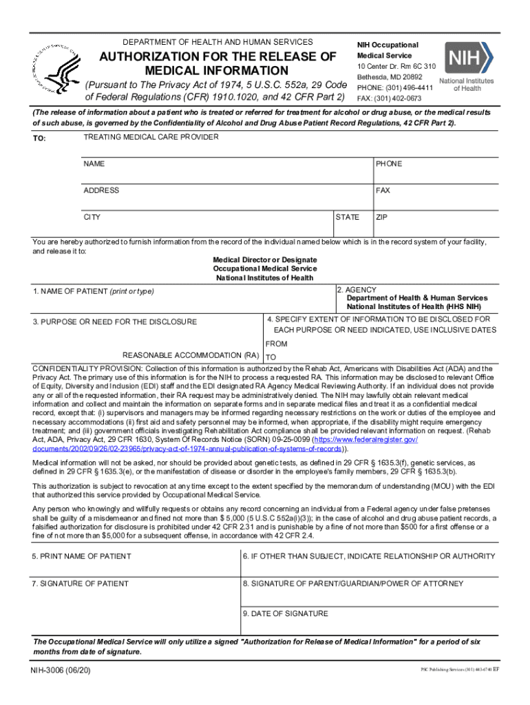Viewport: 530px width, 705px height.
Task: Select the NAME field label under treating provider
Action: pos(94,165)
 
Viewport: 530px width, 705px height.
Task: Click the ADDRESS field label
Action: pos(101,191)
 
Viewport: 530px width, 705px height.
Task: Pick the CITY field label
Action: pos(92,218)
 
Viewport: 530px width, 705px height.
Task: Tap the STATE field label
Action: pos(348,218)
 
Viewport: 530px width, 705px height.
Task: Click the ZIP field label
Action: pos(381,218)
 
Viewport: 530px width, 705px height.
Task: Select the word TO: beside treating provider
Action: pos(39,139)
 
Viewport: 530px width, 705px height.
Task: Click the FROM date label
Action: pos(276,344)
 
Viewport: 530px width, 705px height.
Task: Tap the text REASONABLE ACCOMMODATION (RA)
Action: pos(190,356)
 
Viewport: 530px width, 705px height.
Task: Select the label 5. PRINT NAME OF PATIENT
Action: pos(82,556)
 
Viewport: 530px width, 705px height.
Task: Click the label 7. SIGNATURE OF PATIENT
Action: pos(81,584)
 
